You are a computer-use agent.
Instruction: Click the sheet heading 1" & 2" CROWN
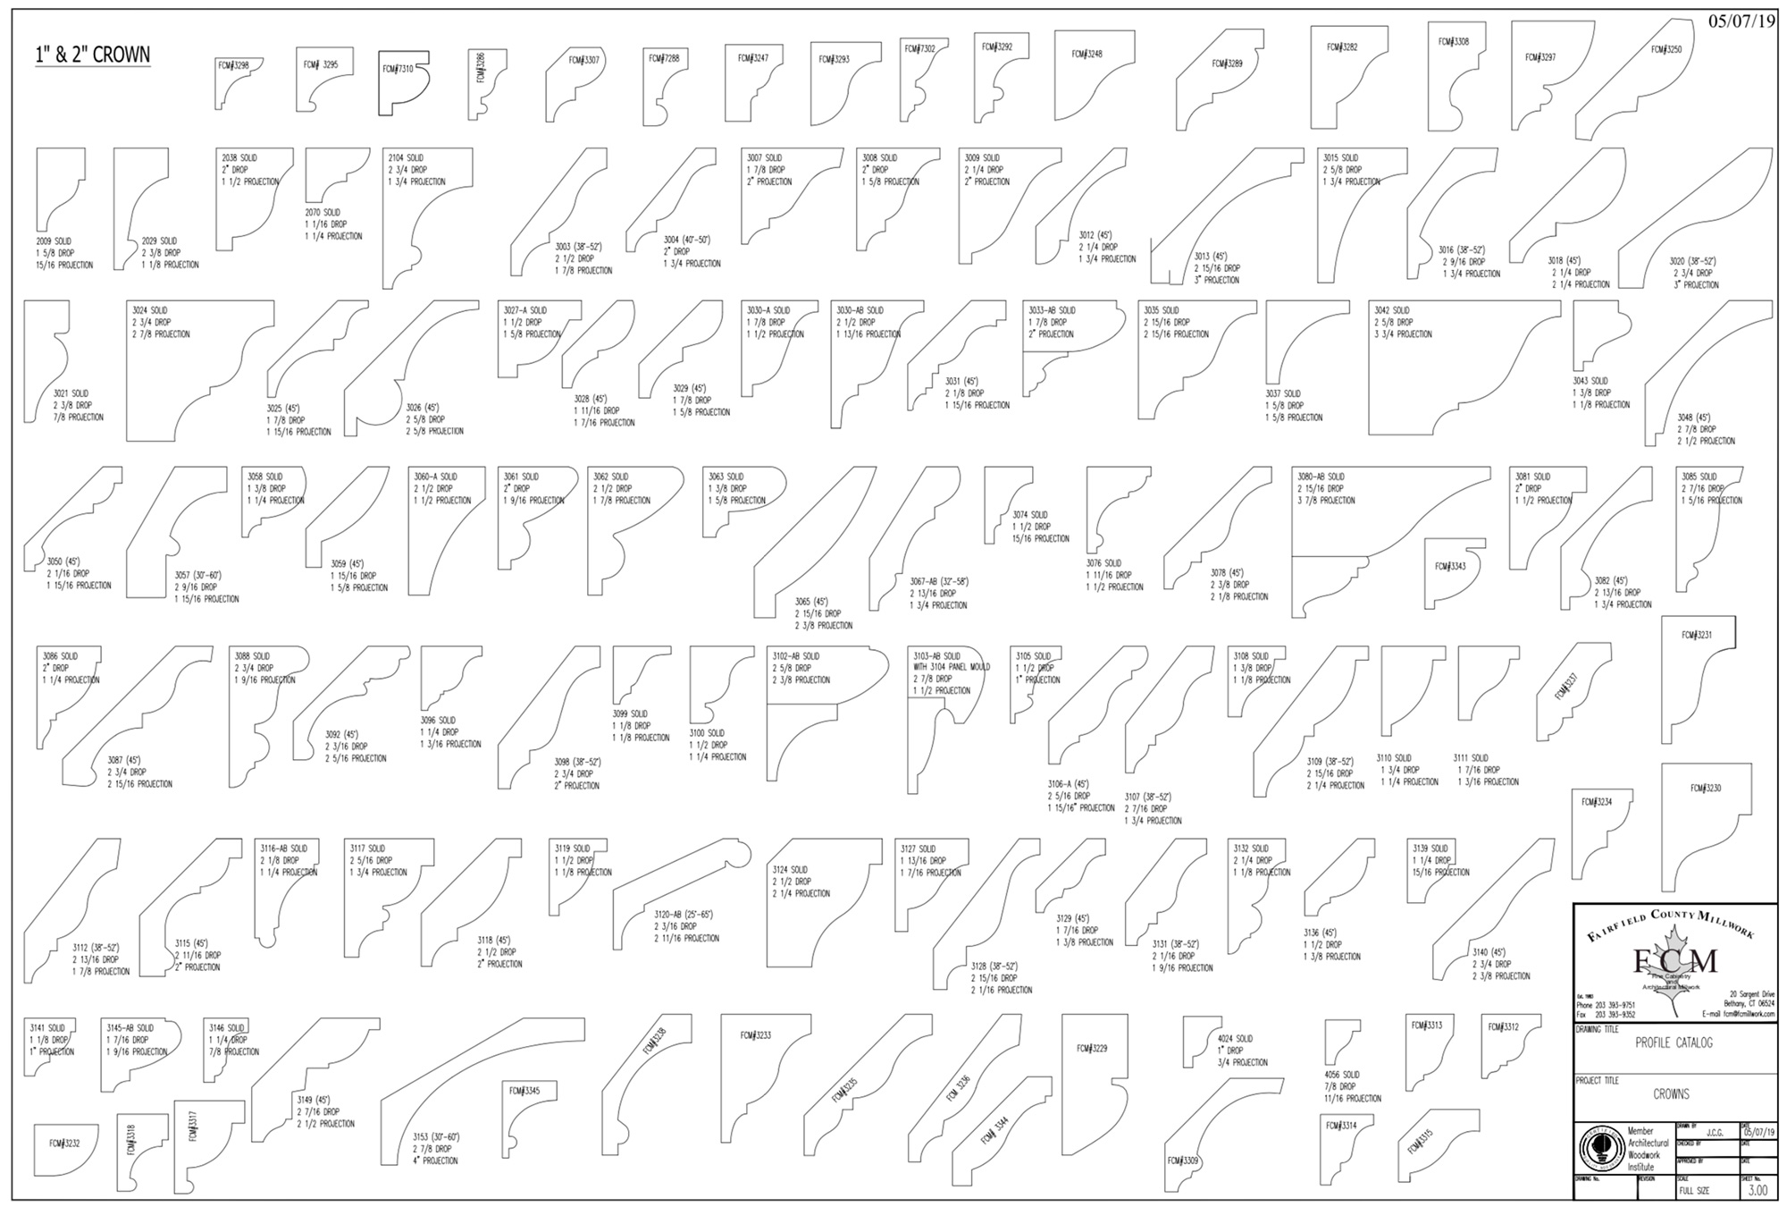[93, 55]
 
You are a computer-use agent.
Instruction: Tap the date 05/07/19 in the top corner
[1741, 21]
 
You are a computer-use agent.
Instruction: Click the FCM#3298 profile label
[233, 65]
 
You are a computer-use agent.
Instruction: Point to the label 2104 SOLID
[406, 158]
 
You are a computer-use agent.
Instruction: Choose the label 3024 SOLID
[150, 310]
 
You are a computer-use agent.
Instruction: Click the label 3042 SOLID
[1392, 310]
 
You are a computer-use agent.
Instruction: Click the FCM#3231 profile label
[1697, 635]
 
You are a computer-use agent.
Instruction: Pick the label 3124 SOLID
[790, 869]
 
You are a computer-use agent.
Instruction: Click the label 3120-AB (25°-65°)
[684, 915]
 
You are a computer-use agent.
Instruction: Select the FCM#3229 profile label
[1091, 1048]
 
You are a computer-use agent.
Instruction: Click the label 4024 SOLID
[1235, 1038]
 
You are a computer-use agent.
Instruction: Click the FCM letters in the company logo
[1675, 962]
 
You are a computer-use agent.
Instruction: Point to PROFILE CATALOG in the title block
[1674, 1042]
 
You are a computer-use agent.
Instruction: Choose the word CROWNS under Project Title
[1671, 1093]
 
